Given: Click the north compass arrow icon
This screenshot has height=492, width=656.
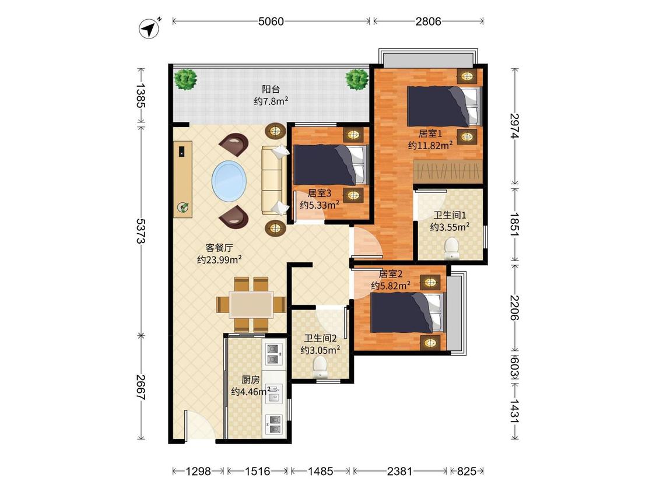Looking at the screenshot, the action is pyautogui.click(x=149, y=29).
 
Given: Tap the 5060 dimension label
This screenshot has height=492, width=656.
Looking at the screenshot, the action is pyautogui.click(x=271, y=22).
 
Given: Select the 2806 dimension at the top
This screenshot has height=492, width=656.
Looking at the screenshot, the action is pyautogui.click(x=428, y=22).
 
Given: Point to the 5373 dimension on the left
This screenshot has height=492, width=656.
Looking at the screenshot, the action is pyautogui.click(x=141, y=231).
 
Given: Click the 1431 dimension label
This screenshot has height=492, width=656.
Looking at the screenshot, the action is pyautogui.click(x=514, y=411).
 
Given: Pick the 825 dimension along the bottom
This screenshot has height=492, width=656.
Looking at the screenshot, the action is pyautogui.click(x=466, y=472).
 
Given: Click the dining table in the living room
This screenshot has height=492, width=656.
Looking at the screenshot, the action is pyautogui.click(x=251, y=304).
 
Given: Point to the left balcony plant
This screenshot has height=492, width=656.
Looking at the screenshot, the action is pyautogui.click(x=186, y=79).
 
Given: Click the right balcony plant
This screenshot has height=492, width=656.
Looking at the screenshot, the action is pyautogui.click(x=357, y=79).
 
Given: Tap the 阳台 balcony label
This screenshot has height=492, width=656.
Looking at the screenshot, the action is pyautogui.click(x=271, y=89).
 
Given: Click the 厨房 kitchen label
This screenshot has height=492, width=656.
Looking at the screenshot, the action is pyautogui.click(x=251, y=379).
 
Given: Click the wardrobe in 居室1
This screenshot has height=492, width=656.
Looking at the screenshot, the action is pyautogui.click(x=448, y=171).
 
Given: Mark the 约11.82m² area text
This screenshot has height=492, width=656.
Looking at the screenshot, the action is pyautogui.click(x=430, y=145).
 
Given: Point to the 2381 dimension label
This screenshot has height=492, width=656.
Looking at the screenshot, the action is pyautogui.click(x=399, y=472).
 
